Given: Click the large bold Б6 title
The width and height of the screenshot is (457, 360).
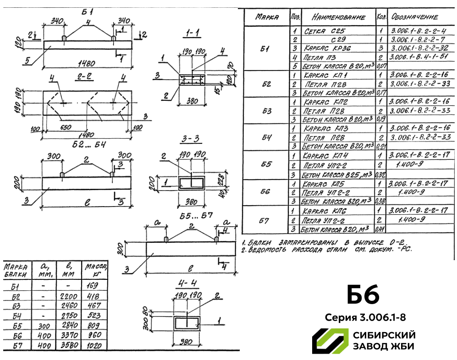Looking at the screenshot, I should click(363, 295).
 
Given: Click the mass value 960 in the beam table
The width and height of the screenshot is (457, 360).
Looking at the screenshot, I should click(93, 335).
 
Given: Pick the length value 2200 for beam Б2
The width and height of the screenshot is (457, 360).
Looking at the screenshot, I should click(69, 296).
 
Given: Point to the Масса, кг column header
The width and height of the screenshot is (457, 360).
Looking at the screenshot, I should click(94, 270).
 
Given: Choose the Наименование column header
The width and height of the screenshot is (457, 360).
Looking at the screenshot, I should click(338, 17).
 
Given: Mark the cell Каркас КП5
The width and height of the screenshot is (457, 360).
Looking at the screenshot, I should click(320, 184).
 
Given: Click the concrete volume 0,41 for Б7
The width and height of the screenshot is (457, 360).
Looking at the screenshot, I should click(380, 229).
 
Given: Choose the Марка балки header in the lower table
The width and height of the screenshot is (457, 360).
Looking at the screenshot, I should click(16, 270).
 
